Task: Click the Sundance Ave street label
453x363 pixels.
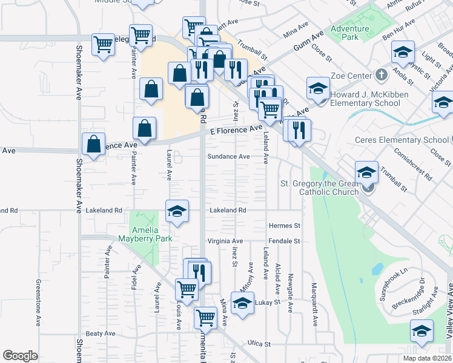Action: [228, 156]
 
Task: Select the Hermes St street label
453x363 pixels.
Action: [285, 226]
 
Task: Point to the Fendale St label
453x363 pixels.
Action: [285, 241]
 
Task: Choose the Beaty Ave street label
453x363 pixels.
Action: [100, 333]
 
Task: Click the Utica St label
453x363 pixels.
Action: [259, 343]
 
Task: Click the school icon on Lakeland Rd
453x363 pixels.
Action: [177, 211]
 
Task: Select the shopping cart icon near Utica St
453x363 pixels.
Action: [206, 316]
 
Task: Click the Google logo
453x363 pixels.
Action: [20, 356]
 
